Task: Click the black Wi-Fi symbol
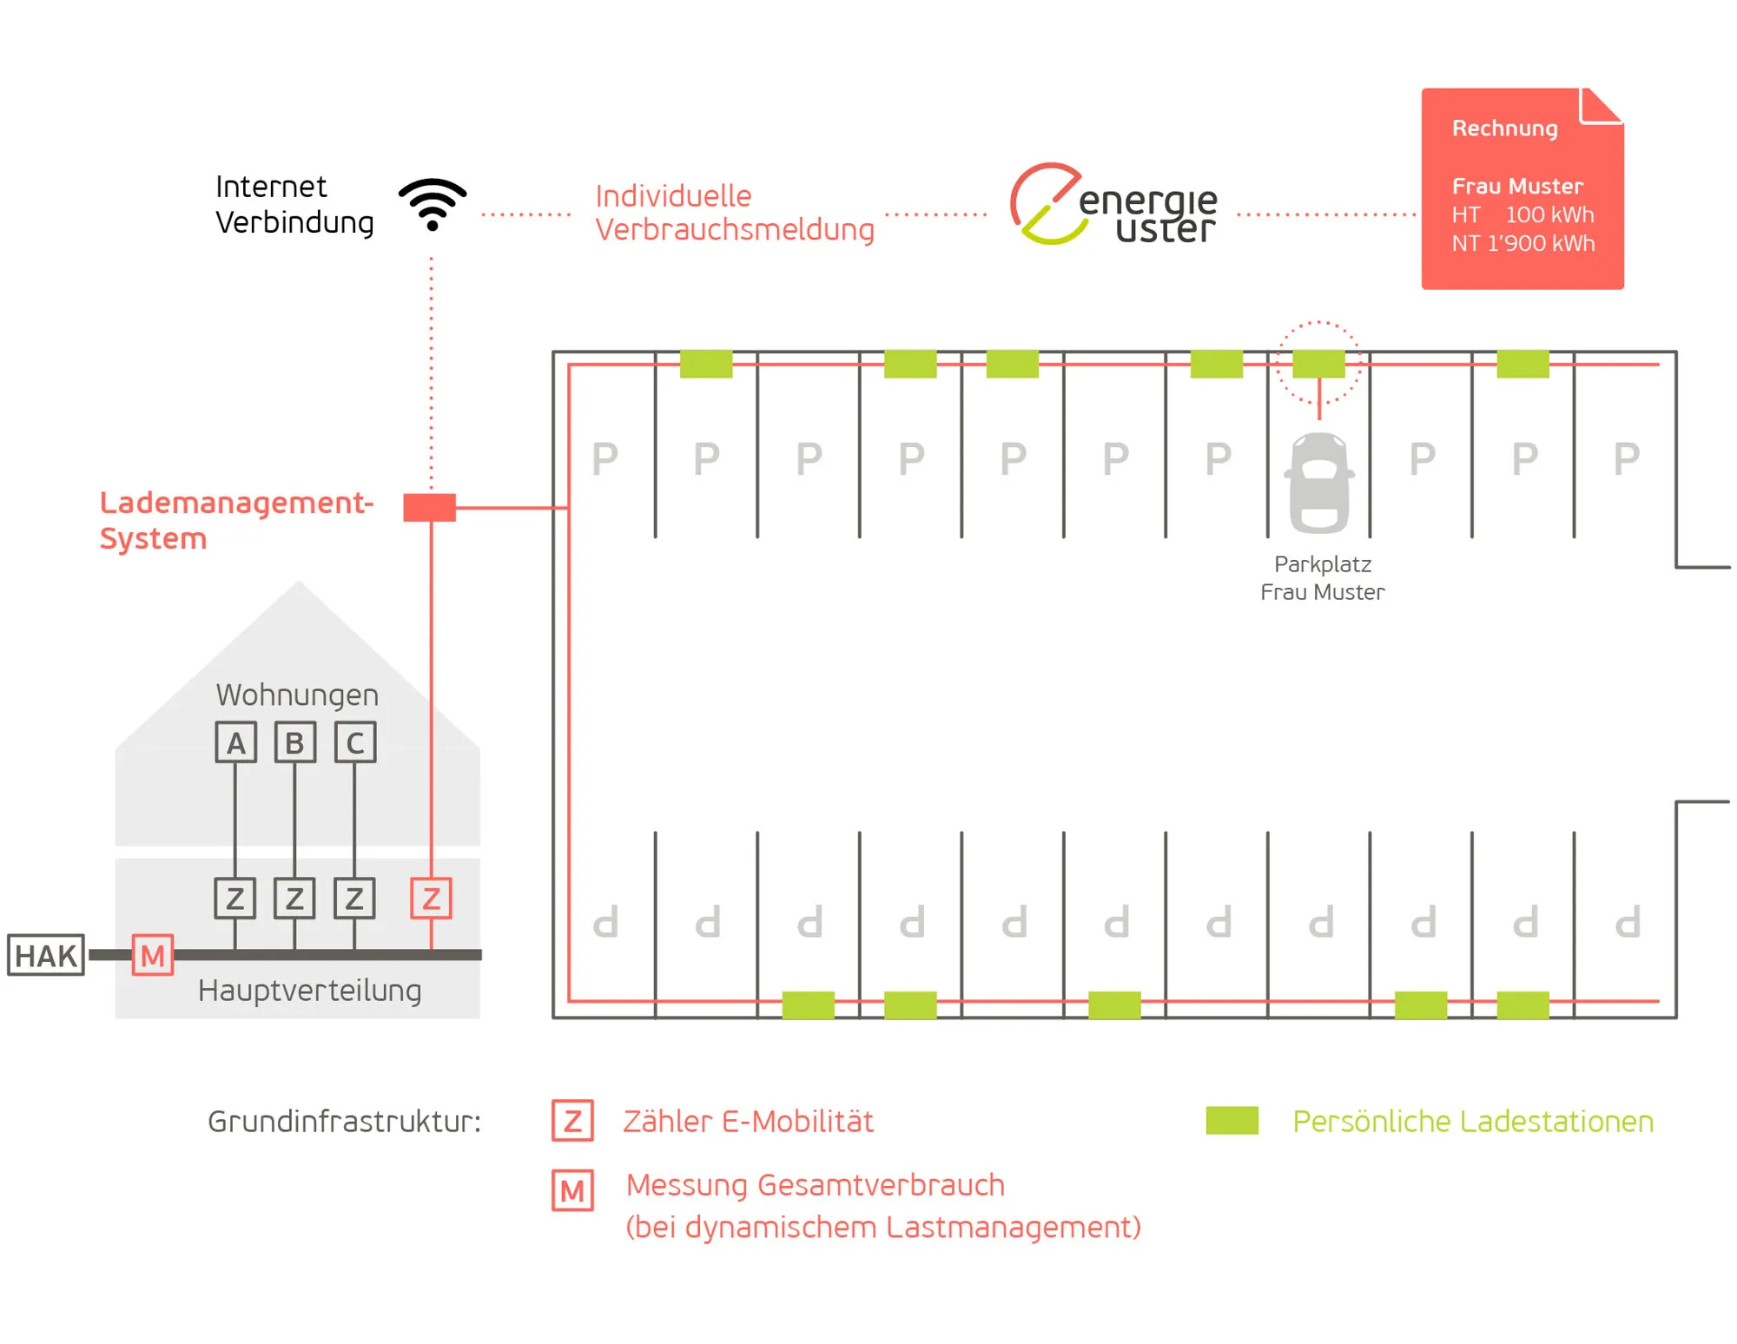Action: (433, 205)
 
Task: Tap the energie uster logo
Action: (1113, 205)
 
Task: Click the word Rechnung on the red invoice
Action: (1504, 128)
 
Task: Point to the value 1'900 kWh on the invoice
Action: (1541, 243)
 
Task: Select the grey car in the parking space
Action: (1319, 483)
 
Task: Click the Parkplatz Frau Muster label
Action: (1322, 578)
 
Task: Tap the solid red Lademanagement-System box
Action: (429, 507)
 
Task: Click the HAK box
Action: (46, 955)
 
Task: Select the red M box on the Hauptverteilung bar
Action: (153, 955)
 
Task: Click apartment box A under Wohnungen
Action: (236, 742)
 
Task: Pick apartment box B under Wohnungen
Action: (295, 742)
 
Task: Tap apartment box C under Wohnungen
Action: (355, 742)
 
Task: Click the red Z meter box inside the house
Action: (431, 899)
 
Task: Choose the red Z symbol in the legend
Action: (572, 1121)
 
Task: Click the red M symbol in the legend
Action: (572, 1190)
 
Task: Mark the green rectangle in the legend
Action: (1232, 1120)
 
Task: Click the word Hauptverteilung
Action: (309, 991)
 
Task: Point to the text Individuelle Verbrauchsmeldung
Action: (734, 213)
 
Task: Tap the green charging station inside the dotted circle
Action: (1318, 364)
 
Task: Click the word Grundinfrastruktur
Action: (344, 1122)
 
